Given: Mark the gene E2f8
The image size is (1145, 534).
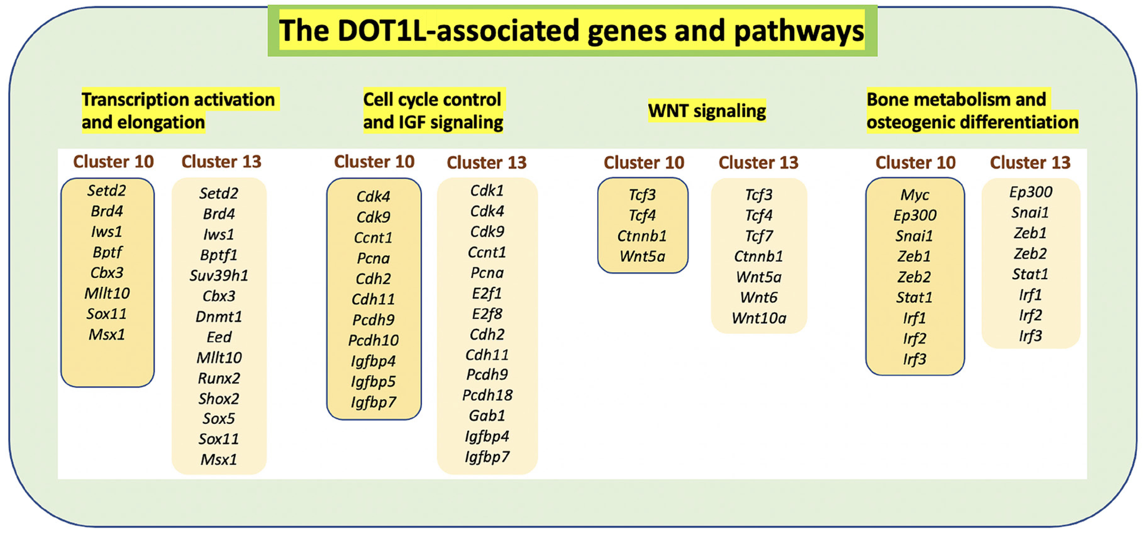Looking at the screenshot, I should [487, 314].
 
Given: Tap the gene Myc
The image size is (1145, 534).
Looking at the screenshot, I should [915, 195].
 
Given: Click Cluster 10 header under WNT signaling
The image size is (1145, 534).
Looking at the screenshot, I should [644, 163].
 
